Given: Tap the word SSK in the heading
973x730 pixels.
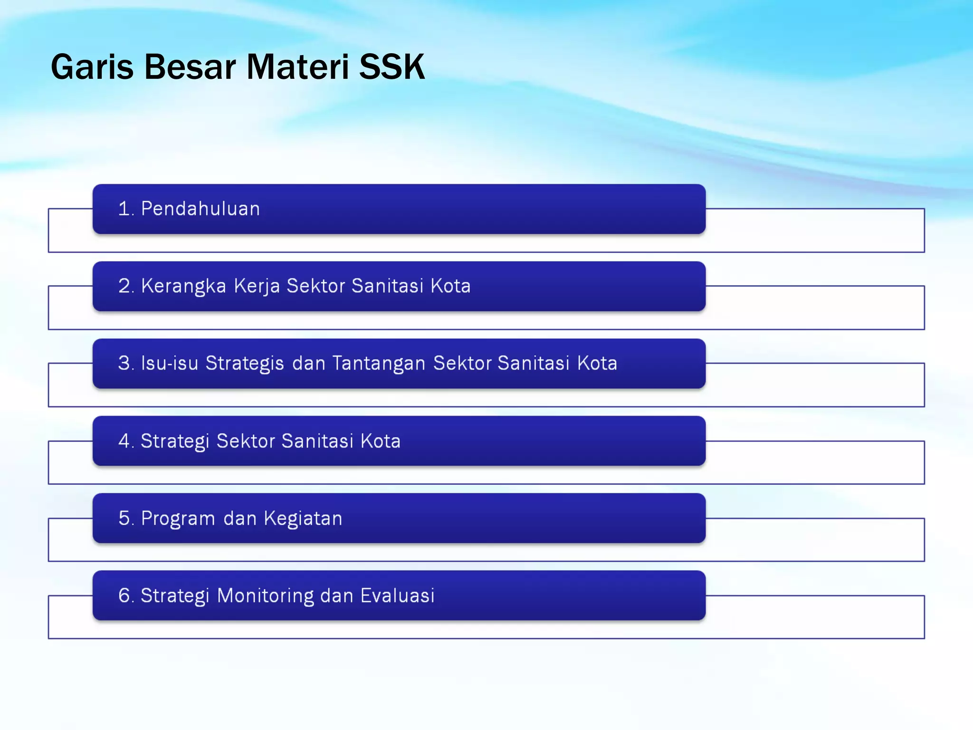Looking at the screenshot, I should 391,67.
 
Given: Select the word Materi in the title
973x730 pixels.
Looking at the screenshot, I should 298,67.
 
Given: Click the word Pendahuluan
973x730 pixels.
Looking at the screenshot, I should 200,209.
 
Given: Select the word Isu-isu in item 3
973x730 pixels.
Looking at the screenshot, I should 170,364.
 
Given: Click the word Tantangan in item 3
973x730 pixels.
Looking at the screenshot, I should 379,364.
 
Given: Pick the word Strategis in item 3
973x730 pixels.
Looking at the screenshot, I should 245,364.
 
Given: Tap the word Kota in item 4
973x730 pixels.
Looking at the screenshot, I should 381,441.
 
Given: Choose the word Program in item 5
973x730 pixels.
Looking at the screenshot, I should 178,519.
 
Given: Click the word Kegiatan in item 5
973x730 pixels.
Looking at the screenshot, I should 303,519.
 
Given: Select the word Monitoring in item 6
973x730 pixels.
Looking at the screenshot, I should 266,596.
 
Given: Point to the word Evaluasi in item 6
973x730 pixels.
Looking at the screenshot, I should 397,596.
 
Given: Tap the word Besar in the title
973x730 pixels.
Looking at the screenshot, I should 190,67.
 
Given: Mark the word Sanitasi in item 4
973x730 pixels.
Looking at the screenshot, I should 317,441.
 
